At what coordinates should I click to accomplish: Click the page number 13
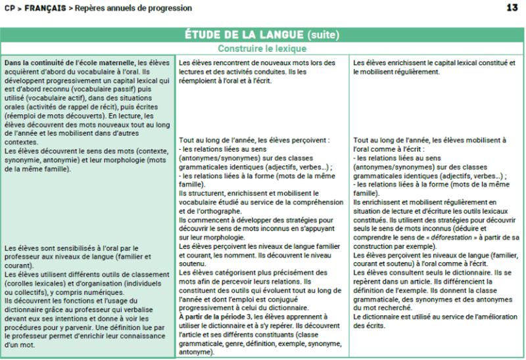(x=512, y=8)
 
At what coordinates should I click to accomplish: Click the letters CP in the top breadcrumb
(x=10, y=9)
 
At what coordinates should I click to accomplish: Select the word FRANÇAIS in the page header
(x=44, y=9)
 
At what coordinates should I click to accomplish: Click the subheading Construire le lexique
(x=262, y=48)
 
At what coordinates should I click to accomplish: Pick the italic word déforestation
(x=454, y=237)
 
